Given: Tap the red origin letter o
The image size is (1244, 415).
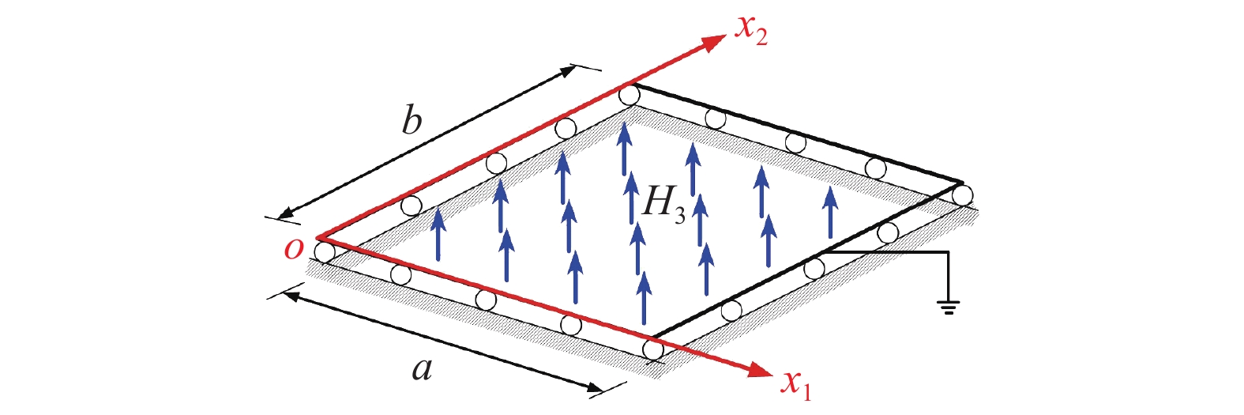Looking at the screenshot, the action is click(294, 250).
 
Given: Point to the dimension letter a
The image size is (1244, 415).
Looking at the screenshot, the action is click(422, 369).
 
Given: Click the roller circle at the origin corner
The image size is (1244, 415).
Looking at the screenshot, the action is click(325, 251).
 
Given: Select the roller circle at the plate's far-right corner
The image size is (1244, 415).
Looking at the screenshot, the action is click(963, 195).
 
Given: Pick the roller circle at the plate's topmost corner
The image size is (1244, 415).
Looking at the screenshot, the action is click(630, 95).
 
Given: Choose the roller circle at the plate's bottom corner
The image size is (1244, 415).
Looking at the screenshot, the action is click(653, 349).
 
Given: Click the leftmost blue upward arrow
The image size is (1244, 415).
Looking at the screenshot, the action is click(438, 234).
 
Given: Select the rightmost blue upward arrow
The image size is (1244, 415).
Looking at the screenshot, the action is click(830, 212).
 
